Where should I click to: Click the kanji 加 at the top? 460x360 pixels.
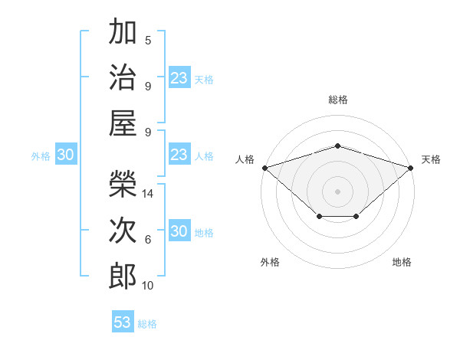click(x=123, y=31)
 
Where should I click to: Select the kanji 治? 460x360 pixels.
click(x=123, y=77)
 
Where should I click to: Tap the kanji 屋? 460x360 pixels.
click(x=123, y=123)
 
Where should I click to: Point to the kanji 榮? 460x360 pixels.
click(x=123, y=184)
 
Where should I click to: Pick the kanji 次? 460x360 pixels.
click(x=123, y=230)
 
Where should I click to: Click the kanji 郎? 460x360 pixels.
click(x=123, y=277)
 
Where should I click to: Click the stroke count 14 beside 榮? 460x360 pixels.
click(x=147, y=194)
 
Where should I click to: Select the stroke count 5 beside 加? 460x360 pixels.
click(x=148, y=41)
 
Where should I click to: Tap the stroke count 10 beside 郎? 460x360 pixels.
click(x=147, y=286)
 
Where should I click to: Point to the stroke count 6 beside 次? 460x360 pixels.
click(x=148, y=240)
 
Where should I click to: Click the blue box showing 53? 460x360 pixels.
click(x=123, y=321)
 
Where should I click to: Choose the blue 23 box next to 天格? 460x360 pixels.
click(x=180, y=77)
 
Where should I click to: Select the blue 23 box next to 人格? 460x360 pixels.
click(x=180, y=154)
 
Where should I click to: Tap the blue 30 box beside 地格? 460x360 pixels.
click(x=180, y=230)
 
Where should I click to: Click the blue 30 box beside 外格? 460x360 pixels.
click(x=66, y=154)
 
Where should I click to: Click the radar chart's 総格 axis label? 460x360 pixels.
click(x=338, y=100)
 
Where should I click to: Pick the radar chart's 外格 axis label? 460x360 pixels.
click(x=270, y=262)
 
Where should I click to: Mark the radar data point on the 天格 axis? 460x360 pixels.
click(x=411, y=168)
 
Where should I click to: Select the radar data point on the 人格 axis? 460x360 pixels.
click(x=265, y=168)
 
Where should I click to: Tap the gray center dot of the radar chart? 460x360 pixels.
click(x=337, y=191)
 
